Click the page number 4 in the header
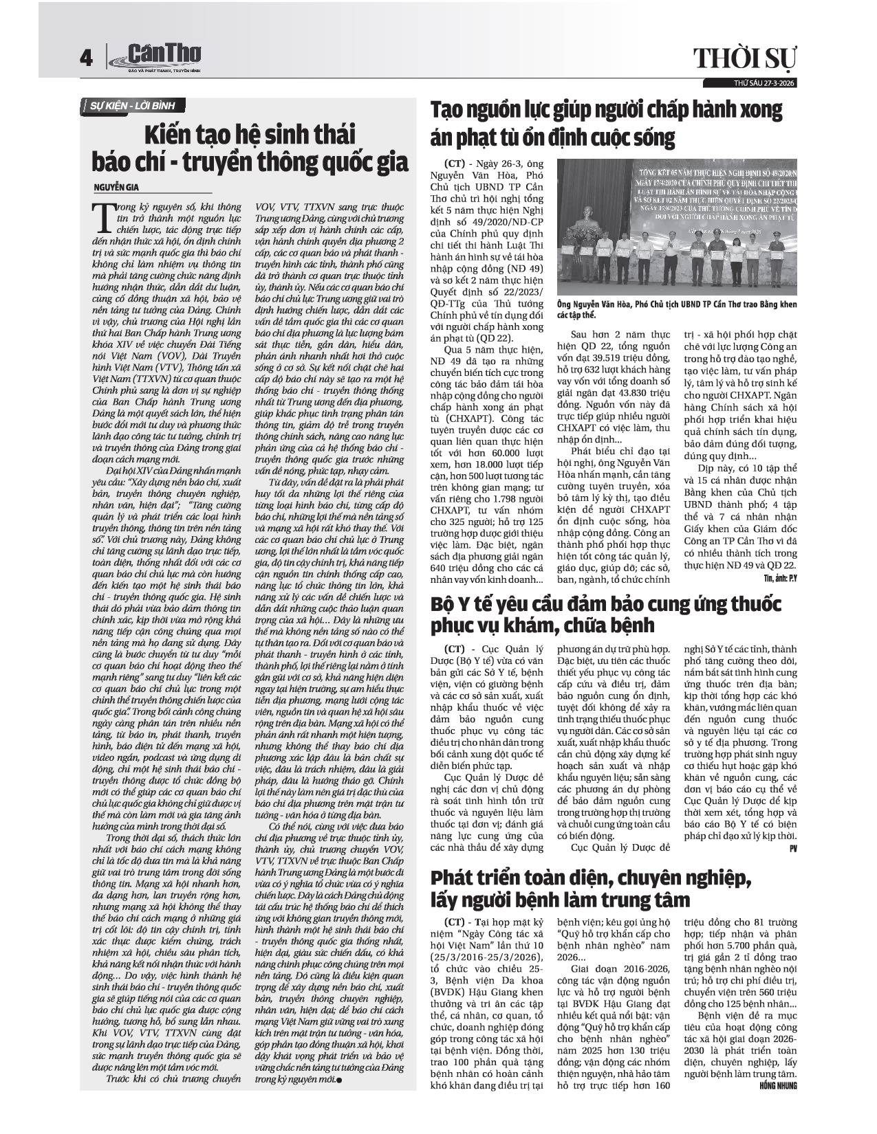pyautogui.click(x=86, y=59)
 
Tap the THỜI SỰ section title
pyautogui.click(x=744, y=59)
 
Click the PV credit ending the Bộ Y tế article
pyautogui.click(x=792, y=849)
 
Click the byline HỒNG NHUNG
pyautogui.click(x=777, y=1086)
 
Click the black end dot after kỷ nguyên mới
pyautogui.click(x=339, y=1080)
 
